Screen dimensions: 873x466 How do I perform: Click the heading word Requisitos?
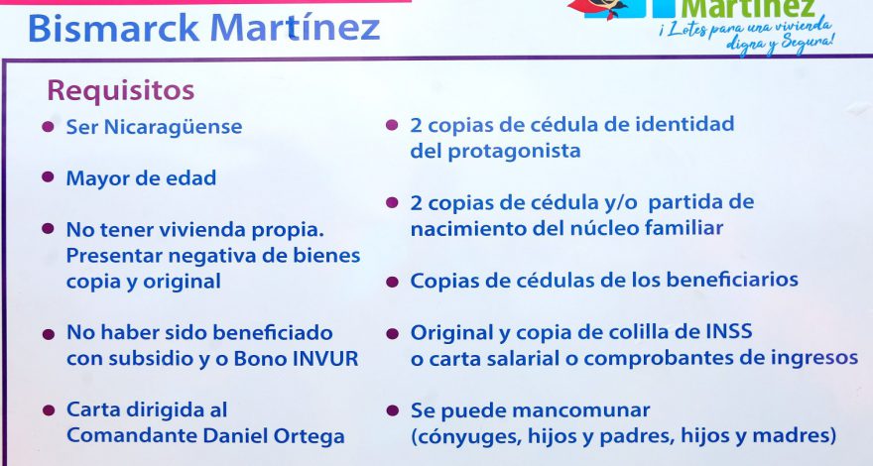(120, 91)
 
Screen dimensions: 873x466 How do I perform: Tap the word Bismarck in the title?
(113, 28)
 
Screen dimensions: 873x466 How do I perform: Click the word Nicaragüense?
(174, 127)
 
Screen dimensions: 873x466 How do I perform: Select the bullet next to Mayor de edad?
(48, 177)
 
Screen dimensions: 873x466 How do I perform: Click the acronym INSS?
(729, 331)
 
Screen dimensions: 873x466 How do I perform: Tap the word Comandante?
(131, 435)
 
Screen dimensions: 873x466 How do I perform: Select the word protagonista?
(515, 152)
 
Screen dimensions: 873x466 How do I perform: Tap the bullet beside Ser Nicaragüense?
(48, 126)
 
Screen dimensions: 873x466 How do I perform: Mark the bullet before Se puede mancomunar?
(393, 410)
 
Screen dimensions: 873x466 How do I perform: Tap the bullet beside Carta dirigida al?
(49, 410)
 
